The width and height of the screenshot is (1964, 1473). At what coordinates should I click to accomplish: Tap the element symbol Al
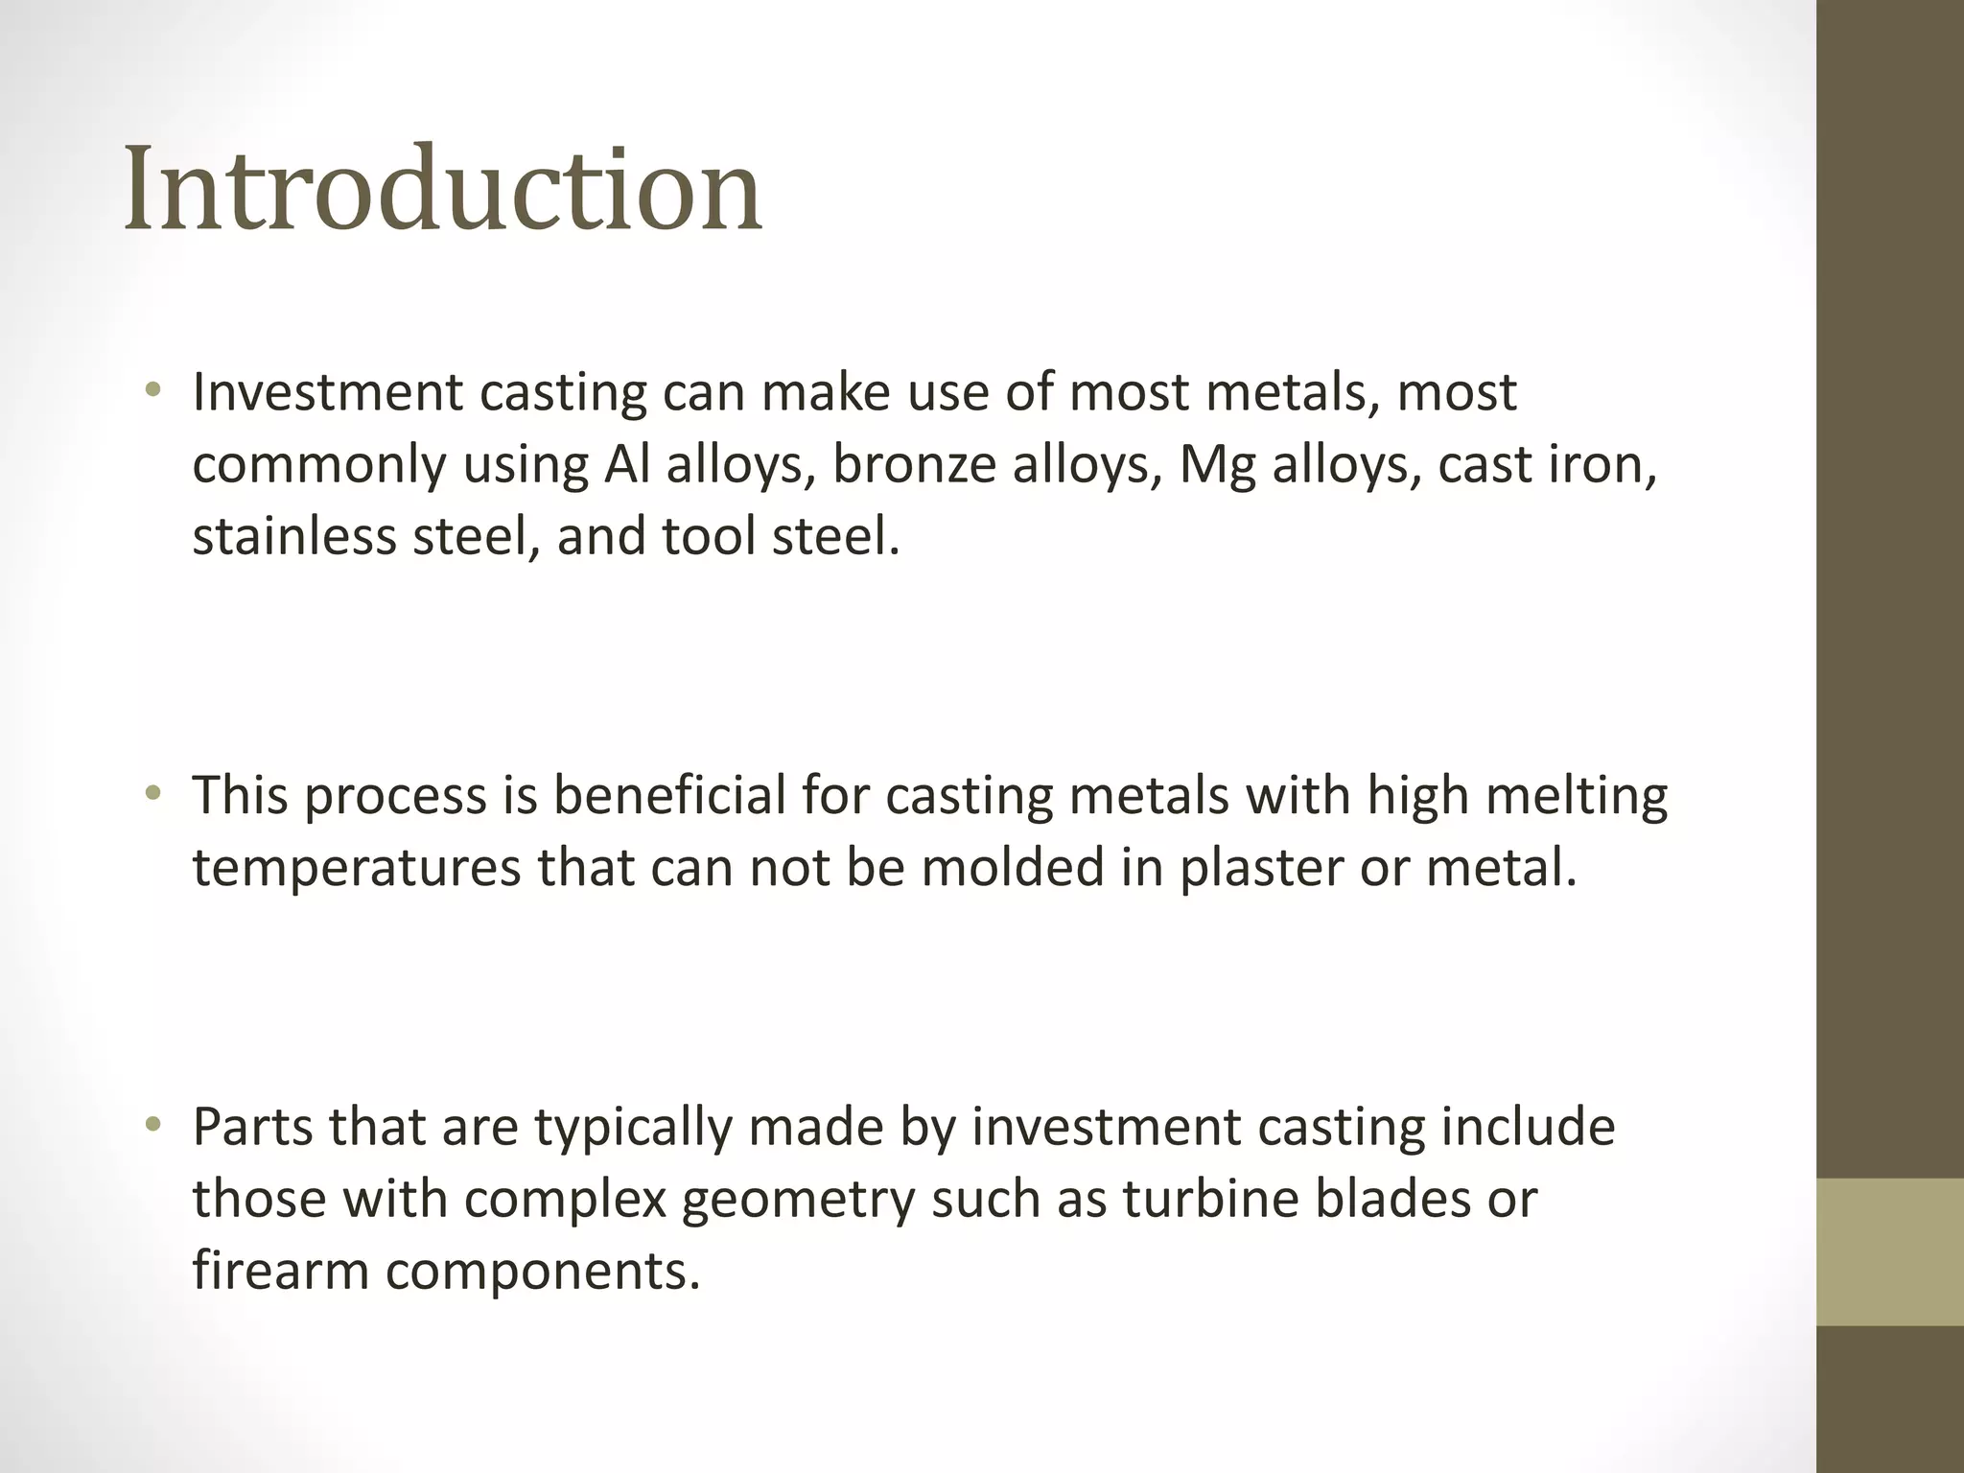click(625, 464)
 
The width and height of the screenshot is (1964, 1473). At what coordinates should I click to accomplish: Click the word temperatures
click(357, 868)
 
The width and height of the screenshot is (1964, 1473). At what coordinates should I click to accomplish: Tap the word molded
click(1009, 867)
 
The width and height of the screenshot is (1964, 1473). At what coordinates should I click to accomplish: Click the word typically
click(634, 1129)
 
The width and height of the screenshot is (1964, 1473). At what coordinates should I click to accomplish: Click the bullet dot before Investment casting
click(152, 391)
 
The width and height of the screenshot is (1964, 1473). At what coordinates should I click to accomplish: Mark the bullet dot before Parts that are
click(152, 1126)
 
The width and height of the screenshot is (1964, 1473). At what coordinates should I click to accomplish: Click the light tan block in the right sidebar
click(1890, 1251)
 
